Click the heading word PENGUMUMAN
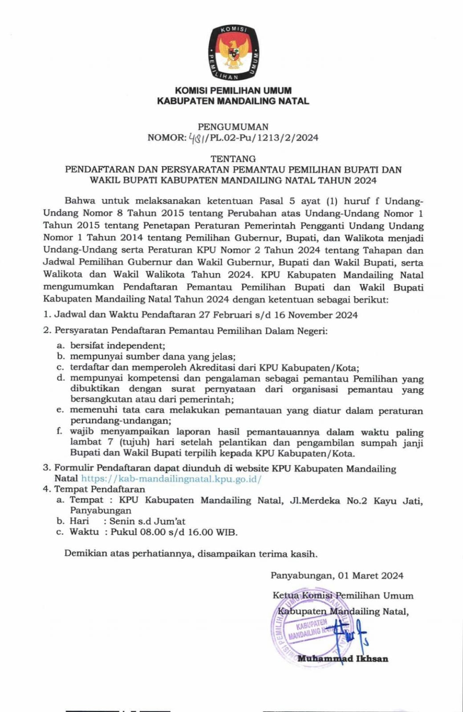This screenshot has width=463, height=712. (x=233, y=127)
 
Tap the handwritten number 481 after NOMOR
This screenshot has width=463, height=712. (x=197, y=138)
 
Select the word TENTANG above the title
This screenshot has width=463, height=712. (x=233, y=158)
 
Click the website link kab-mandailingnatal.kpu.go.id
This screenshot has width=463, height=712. (x=171, y=479)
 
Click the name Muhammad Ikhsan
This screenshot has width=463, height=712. (x=343, y=659)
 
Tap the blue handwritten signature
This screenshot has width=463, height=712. (x=352, y=634)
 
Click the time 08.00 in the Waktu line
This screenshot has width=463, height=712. (x=147, y=532)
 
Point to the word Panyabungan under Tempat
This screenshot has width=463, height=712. (x=101, y=510)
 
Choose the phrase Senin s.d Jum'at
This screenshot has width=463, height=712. (x=147, y=521)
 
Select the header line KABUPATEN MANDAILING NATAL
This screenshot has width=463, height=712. (x=233, y=101)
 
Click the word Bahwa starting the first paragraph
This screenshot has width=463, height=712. (x=80, y=201)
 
